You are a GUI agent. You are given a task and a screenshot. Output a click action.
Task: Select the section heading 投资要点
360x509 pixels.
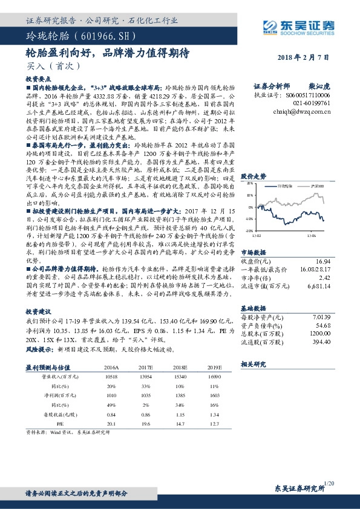click(x=35, y=79)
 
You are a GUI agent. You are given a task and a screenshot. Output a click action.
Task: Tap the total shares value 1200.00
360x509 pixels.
click(x=319, y=333)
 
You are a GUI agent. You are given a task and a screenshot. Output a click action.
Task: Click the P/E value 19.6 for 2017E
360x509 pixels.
click(x=145, y=423)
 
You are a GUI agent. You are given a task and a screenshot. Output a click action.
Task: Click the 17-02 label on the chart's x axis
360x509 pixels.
click(x=257, y=235)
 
